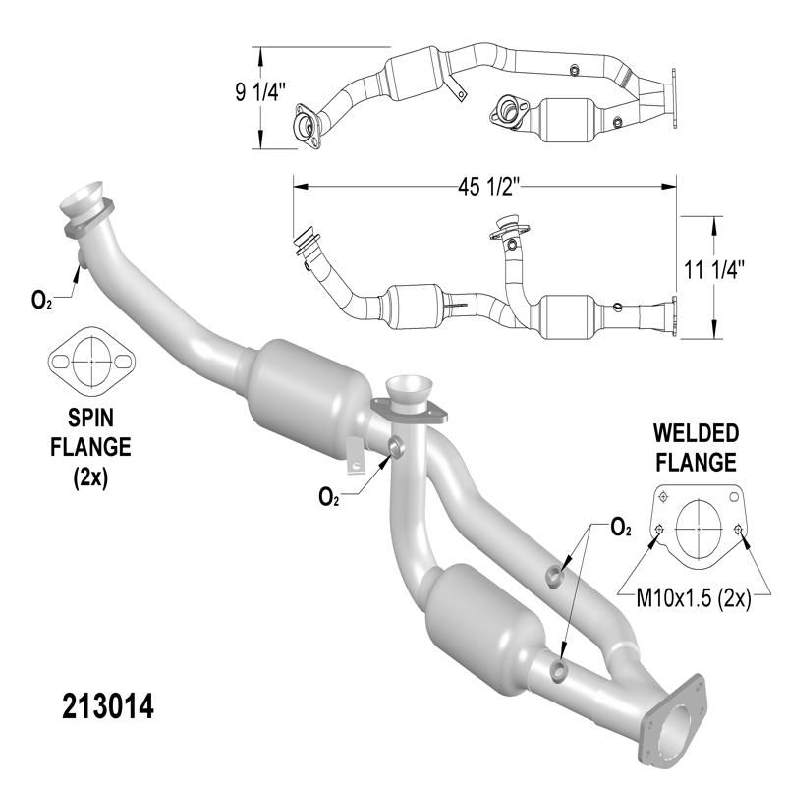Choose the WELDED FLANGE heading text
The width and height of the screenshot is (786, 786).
coord(697,447)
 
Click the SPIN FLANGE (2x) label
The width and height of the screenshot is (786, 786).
coord(91,447)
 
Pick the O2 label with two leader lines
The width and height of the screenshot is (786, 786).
coord(620,529)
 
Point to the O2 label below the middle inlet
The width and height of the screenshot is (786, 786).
coord(330,498)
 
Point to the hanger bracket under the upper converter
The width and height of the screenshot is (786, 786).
coord(352,451)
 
